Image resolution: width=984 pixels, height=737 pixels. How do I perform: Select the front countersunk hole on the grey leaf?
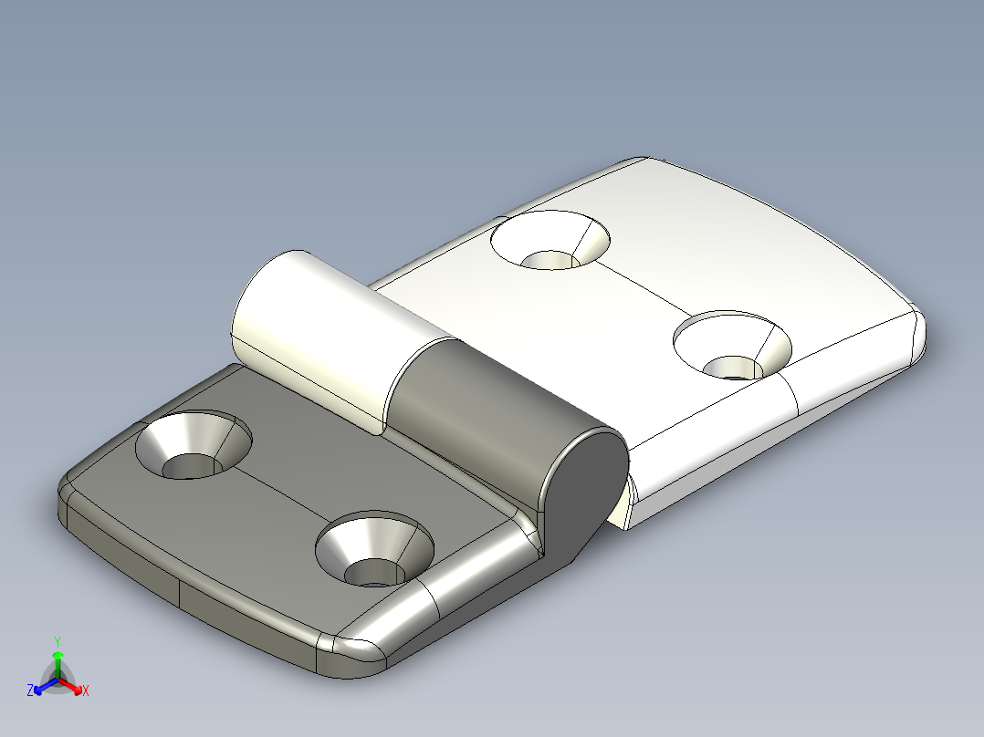[373, 550]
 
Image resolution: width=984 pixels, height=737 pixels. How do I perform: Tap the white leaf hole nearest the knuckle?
[550, 241]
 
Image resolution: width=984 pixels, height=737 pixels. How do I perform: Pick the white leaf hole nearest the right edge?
[732, 346]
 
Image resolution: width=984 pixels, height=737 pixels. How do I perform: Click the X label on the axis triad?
[86, 691]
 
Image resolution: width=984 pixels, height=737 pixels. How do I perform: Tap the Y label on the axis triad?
[57, 641]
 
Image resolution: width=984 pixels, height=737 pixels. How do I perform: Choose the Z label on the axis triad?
[30, 691]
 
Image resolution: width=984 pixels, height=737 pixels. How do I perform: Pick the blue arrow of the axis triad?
[42, 687]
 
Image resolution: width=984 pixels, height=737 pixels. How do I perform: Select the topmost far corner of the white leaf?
[639, 162]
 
